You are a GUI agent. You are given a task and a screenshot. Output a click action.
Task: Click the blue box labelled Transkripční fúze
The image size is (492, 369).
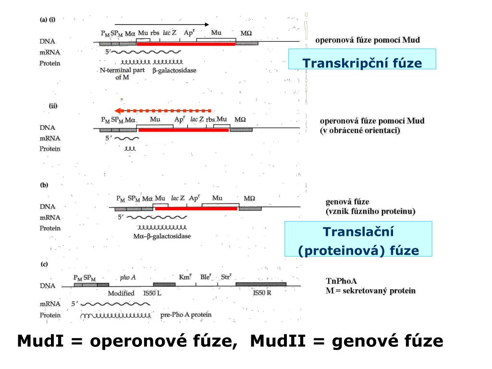pyautogui.click(x=362, y=63)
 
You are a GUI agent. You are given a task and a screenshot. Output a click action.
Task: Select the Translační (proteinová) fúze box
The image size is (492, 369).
pyautogui.click(x=358, y=241)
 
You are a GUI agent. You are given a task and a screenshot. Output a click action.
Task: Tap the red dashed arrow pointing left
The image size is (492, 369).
pyautogui.click(x=163, y=111)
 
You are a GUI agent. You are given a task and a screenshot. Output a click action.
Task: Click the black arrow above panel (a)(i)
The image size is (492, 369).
pyautogui.click(x=162, y=24)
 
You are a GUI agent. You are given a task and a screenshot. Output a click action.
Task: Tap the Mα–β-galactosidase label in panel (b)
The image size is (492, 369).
pyautogui.click(x=161, y=236)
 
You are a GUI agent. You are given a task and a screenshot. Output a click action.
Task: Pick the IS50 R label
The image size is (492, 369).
pyautogui.click(x=262, y=293)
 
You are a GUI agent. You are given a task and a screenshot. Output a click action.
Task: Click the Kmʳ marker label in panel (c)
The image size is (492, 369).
pyautogui.click(x=185, y=277)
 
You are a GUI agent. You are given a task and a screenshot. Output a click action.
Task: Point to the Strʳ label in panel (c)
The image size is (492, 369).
pyautogui.click(x=226, y=277)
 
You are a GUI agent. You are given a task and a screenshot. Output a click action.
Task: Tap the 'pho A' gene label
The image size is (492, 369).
pyautogui.click(x=128, y=277)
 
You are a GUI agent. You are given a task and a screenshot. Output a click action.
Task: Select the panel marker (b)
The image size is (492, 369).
pyautogui.click(x=44, y=184)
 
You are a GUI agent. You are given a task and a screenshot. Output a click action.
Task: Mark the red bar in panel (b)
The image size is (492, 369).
pyautogui.click(x=196, y=209)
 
